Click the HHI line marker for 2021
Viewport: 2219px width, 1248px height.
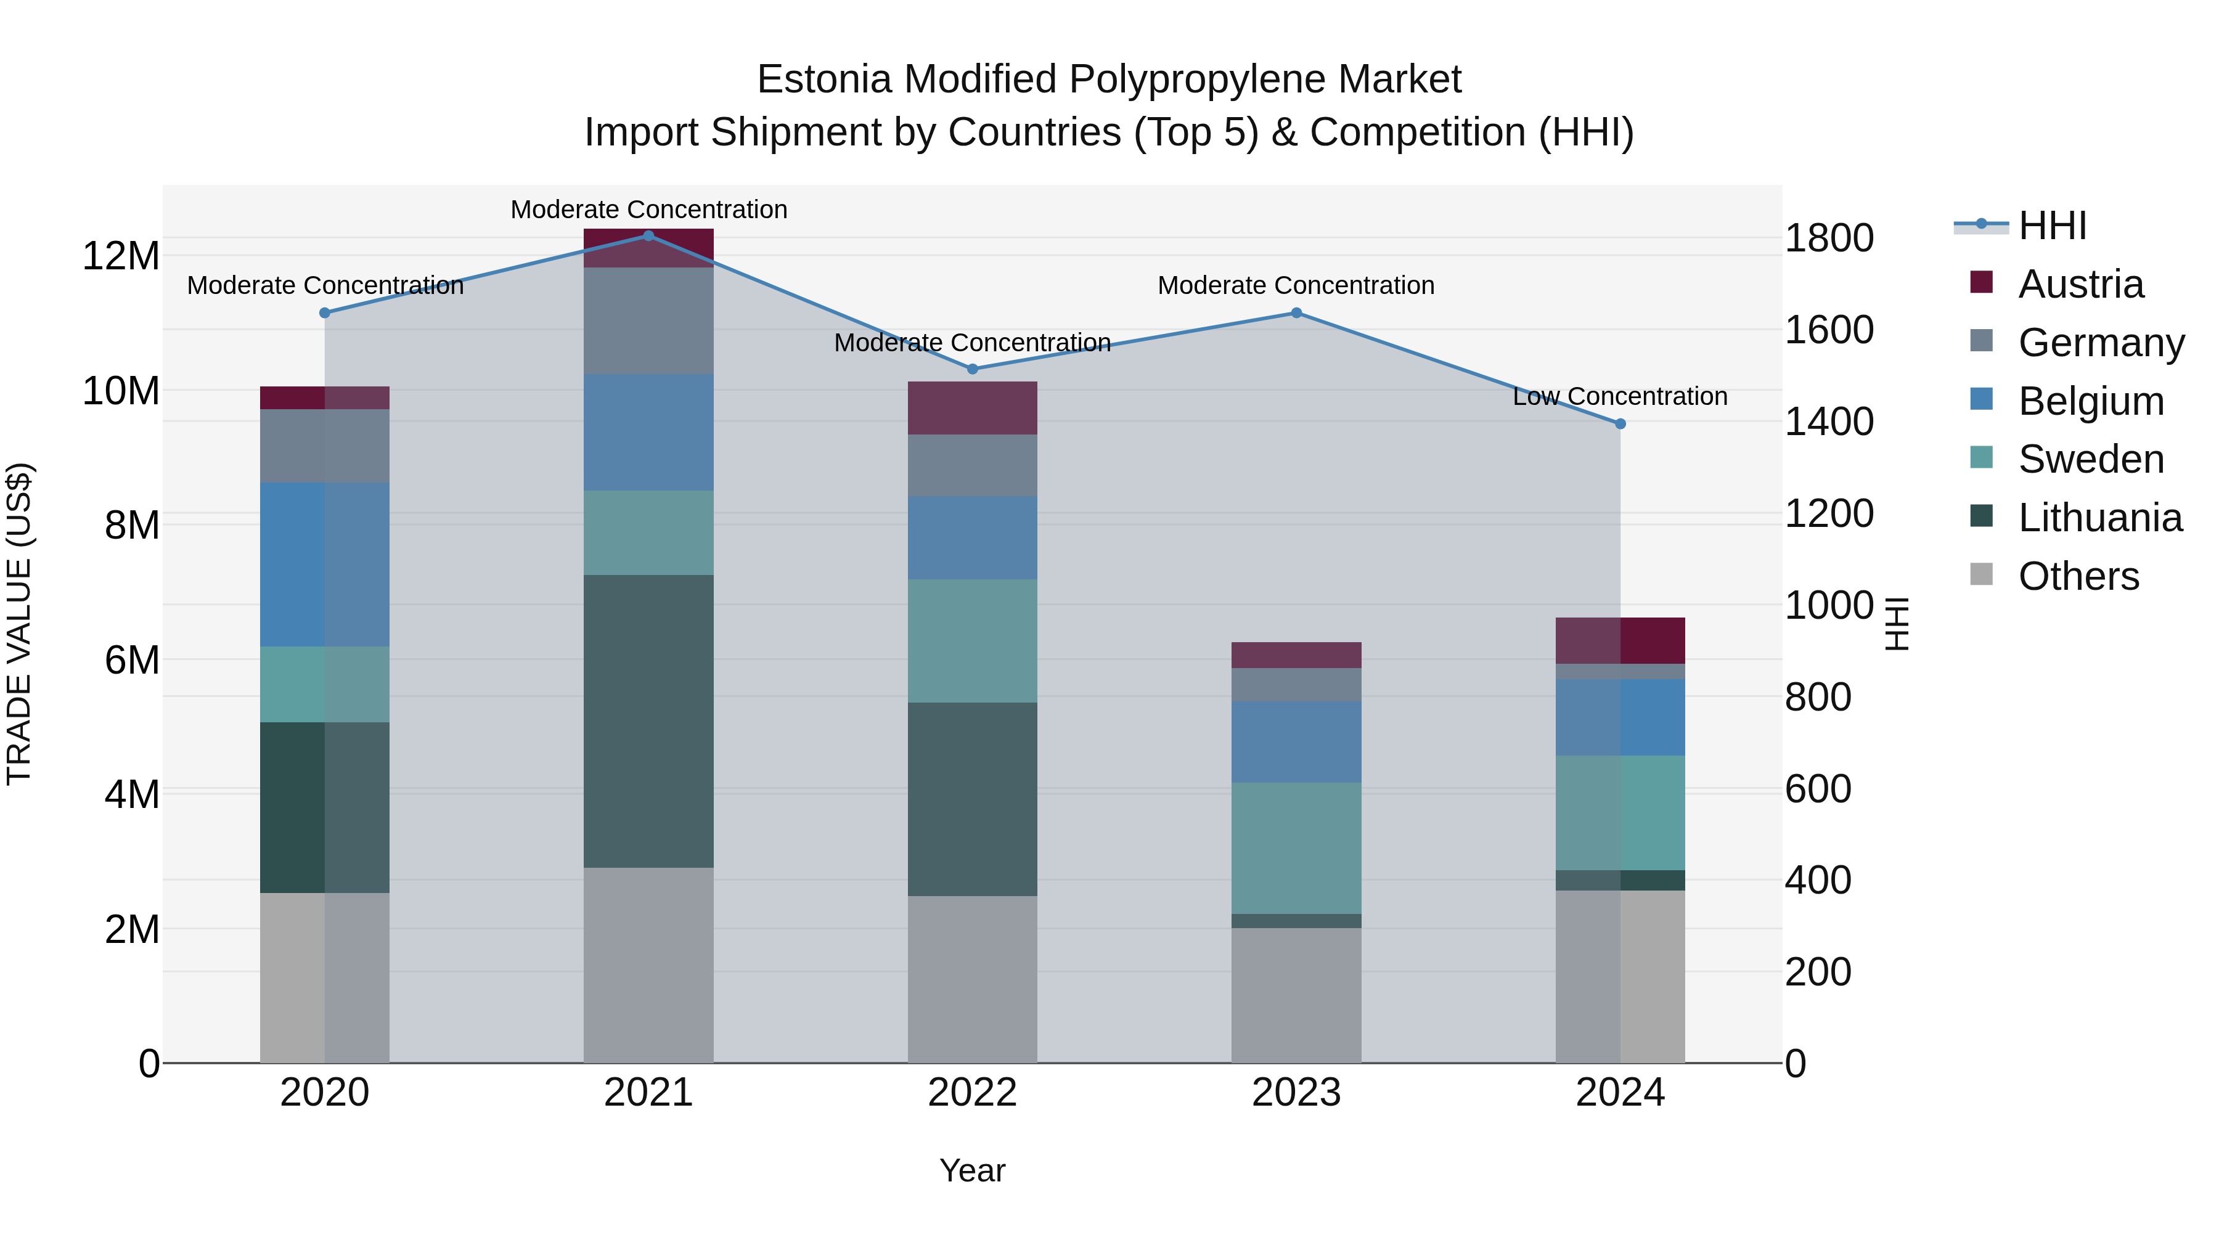pos(648,236)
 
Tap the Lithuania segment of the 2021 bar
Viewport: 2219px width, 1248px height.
pos(648,721)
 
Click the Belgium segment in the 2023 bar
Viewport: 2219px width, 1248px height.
pos(1296,741)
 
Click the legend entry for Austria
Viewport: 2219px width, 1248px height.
pos(2080,284)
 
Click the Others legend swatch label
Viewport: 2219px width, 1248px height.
pos(2078,576)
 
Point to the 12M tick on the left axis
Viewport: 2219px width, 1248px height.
pos(121,256)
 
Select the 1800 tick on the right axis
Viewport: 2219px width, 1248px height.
pos(1829,238)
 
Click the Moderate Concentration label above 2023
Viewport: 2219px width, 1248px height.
pos(1296,285)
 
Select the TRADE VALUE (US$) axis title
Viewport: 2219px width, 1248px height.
pos(19,624)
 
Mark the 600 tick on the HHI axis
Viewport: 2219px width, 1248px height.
pos(1818,788)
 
